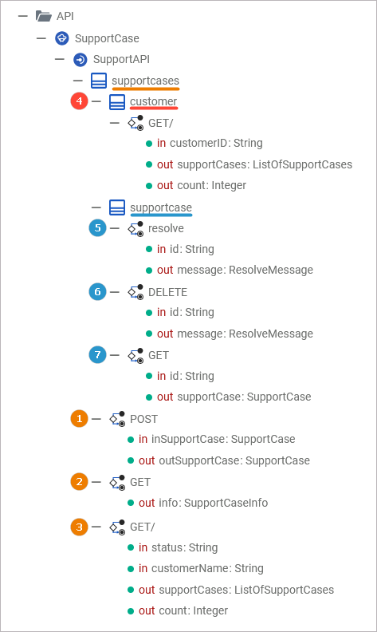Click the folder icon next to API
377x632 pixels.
point(44,16)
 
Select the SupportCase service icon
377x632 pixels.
point(62,38)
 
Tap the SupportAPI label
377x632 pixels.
point(121,60)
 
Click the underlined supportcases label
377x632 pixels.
point(145,81)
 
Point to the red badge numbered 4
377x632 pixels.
point(80,101)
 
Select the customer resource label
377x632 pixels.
point(154,101)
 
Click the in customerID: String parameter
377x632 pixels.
point(210,143)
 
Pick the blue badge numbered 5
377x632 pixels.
point(97,228)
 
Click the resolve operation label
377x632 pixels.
point(166,228)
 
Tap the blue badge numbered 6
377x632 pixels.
point(97,291)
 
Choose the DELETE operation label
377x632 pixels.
point(167,292)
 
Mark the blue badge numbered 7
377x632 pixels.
point(97,354)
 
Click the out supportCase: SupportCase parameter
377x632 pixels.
point(234,397)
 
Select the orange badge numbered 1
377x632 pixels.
point(80,418)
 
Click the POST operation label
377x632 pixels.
point(143,419)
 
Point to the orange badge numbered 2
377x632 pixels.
point(80,482)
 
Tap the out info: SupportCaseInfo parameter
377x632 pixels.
point(203,503)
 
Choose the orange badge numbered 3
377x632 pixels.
point(80,527)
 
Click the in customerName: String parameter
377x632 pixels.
point(201,569)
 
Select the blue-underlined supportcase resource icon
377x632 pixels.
point(117,207)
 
